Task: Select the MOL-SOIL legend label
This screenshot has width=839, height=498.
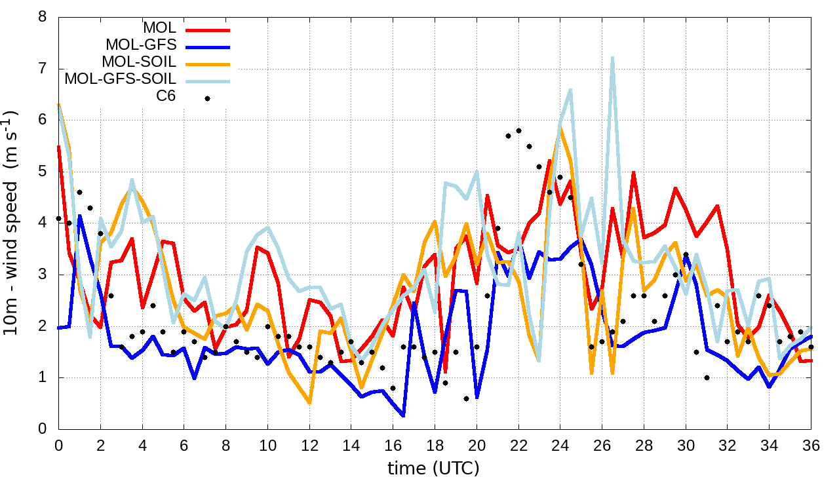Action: coord(139,62)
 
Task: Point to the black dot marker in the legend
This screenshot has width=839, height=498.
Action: coord(207,98)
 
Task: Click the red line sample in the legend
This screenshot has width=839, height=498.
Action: coord(207,29)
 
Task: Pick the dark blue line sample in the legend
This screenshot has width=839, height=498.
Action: coord(207,47)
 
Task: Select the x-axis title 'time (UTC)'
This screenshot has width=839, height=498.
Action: coord(433,469)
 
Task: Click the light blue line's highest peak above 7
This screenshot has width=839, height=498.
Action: coord(612,58)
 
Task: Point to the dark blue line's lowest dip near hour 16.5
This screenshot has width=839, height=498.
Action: coord(403,415)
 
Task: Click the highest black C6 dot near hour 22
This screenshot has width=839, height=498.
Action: coord(518,130)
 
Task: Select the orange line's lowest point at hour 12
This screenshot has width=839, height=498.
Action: coord(309,402)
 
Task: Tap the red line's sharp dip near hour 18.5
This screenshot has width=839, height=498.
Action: coord(445,372)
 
